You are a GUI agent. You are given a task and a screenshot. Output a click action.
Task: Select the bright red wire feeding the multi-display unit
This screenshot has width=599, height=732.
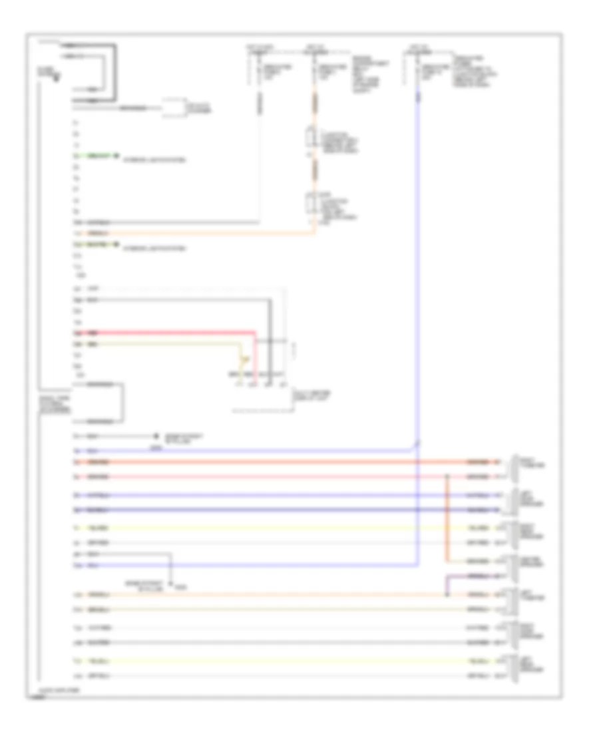pos(166,331)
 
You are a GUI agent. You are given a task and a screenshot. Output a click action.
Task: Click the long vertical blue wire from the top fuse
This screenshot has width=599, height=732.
pos(418,266)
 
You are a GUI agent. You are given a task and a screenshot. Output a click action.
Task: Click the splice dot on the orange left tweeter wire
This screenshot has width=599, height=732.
pos(447,594)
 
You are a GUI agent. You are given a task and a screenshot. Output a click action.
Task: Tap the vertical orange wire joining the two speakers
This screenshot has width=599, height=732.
pos(447,519)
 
